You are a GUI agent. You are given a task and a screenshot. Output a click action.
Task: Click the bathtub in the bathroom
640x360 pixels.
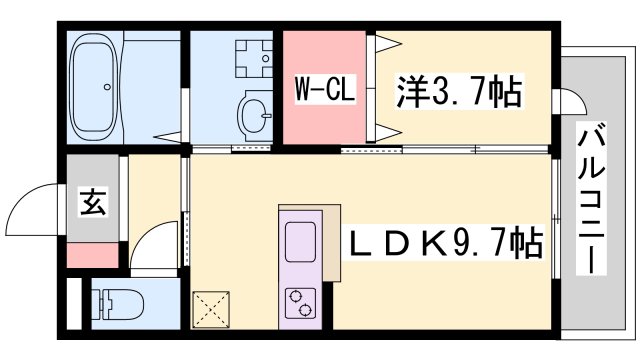(x=94, y=87)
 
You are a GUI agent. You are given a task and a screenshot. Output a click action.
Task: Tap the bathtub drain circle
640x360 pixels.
(x=107, y=87)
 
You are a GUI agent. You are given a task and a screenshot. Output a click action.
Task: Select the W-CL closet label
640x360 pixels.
(x=325, y=88)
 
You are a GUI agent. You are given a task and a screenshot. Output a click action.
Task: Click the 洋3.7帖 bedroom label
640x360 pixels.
(x=460, y=91)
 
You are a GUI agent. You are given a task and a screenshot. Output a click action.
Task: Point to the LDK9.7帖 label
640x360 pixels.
(x=442, y=242)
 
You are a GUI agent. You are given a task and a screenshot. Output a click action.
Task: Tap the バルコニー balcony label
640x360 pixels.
(x=591, y=198)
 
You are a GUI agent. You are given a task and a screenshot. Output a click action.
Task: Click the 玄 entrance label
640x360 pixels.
(x=93, y=202)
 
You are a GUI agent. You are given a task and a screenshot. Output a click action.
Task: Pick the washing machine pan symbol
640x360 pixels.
(x=253, y=59)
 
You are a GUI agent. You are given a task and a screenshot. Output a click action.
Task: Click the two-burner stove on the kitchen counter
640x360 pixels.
(x=301, y=303)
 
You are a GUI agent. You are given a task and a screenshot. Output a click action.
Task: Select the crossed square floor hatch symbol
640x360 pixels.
(x=211, y=309)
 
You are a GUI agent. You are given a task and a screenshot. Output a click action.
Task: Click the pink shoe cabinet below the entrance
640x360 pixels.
(x=93, y=255)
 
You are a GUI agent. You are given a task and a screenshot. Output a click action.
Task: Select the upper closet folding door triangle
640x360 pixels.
(x=388, y=43)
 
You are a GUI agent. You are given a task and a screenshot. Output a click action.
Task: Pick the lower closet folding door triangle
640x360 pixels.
(x=388, y=133)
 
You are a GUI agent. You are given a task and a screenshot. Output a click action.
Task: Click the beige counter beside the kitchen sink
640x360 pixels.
(x=331, y=243)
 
